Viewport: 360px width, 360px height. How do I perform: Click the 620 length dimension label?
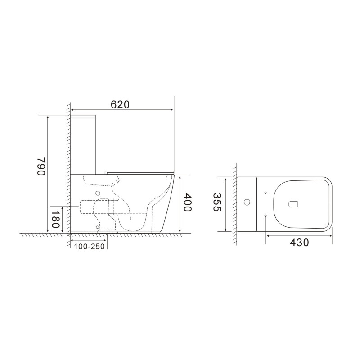(120, 104)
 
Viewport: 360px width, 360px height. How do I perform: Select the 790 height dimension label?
(41, 166)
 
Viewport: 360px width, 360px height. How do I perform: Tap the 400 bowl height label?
(187, 202)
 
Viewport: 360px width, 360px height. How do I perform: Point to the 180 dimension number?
(55, 219)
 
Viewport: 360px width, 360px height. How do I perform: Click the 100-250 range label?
(89, 246)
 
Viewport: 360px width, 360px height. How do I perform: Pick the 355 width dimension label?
(217, 202)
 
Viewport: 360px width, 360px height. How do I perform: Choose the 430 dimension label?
(299, 242)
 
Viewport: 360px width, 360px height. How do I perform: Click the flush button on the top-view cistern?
(247, 202)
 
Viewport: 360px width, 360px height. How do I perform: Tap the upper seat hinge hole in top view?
(265, 193)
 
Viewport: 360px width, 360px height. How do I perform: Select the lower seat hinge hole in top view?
(265, 216)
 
